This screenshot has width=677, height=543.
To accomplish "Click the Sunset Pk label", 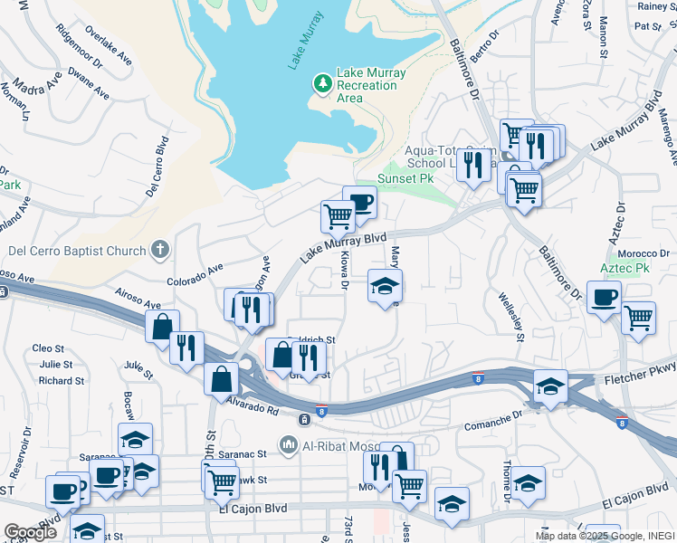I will tap(404, 178).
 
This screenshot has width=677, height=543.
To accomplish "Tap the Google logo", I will tap(30, 533).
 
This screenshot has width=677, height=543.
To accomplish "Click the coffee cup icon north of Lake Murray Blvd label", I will tap(359, 203).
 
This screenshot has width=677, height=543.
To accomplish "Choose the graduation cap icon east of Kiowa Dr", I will tap(385, 286).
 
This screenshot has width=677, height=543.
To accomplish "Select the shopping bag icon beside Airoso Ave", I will tap(162, 327).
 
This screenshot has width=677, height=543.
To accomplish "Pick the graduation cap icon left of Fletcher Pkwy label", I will tap(550, 386).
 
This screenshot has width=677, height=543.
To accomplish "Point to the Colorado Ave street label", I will tap(194, 270).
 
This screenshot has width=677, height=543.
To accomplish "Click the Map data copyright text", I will tap(604, 536).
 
